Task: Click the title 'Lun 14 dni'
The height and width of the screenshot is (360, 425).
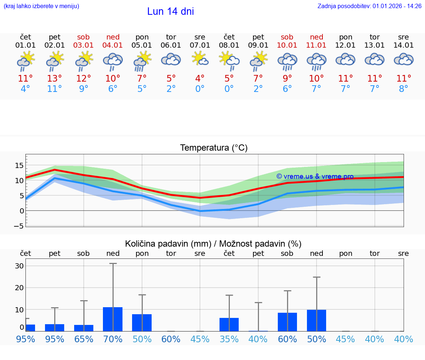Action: (170, 11)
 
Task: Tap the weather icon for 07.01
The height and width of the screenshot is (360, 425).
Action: (200, 59)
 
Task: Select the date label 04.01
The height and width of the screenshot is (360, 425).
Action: (113, 45)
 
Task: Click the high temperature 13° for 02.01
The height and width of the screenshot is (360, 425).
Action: (55, 79)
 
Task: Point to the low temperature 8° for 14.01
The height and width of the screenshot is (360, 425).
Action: (404, 89)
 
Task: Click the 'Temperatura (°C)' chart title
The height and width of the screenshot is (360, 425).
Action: (214, 148)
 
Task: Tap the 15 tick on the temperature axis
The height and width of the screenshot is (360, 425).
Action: (19, 165)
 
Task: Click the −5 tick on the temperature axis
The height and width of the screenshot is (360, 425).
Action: (19, 226)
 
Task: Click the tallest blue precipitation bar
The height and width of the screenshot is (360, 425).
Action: (113, 319)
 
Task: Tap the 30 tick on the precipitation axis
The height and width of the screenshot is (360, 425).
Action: (19, 266)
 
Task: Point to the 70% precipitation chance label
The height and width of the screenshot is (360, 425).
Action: (113, 339)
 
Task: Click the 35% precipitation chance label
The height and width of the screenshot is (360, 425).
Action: (229, 339)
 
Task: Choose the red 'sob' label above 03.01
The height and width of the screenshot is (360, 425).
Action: (84, 37)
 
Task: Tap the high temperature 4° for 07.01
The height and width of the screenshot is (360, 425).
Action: (200, 79)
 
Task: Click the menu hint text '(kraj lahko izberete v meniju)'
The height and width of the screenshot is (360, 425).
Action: (41, 6)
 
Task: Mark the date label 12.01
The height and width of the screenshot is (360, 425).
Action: (346, 45)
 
